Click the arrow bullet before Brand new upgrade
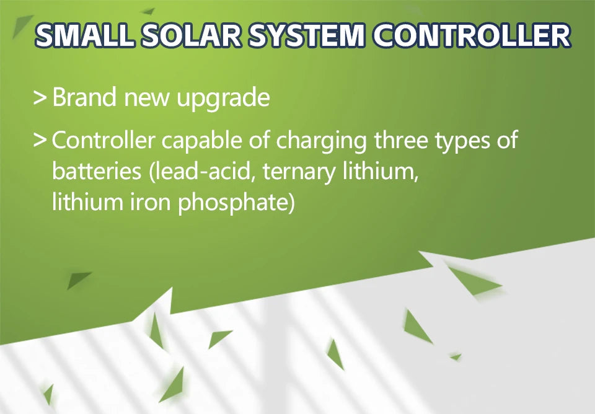40,98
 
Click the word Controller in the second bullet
103,141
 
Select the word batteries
97,172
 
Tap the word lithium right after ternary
381,172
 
